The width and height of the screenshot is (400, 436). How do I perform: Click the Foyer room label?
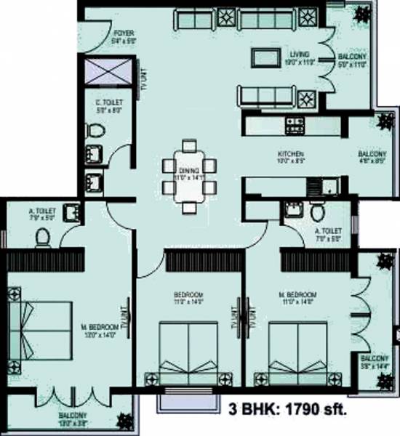pyautogui.click(x=121, y=37)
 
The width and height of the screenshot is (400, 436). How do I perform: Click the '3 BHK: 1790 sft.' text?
pyautogui.click(x=288, y=407)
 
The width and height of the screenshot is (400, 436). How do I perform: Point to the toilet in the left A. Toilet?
pyautogui.click(x=43, y=235)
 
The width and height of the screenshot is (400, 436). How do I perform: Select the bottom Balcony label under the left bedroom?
pyautogui.click(x=73, y=419)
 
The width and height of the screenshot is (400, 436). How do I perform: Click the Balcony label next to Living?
pyautogui.click(x=351, y=60)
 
